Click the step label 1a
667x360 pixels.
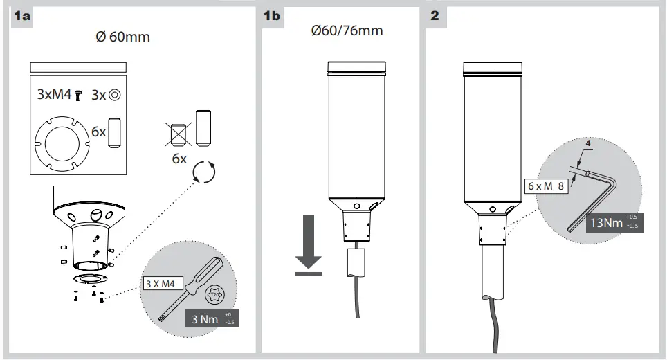tap(23, 17)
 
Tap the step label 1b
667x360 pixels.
tap(272, 17)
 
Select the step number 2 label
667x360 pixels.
tap(435, 17)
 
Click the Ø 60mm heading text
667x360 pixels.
tap(124, 37)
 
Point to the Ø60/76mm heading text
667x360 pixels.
tap(347, 31)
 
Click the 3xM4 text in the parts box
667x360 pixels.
tap(55, 95)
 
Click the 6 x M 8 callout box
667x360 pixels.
tap(546, 186)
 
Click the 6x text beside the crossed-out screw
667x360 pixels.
tap(179, 159)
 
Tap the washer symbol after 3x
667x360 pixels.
tap(115, 95)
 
